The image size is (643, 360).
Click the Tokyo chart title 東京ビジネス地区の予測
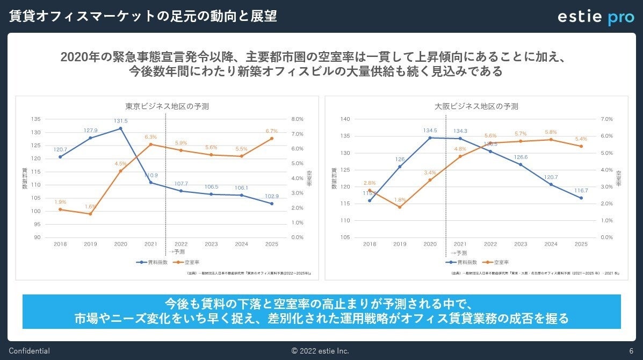coord(167,106)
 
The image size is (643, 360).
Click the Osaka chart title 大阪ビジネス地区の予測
coord(476,106)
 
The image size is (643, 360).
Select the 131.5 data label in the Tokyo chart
coord(120,121)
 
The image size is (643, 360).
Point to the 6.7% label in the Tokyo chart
coord(271,131)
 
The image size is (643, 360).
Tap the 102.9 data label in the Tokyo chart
coord(271,196)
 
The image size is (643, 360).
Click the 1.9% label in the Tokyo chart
coord(60,202)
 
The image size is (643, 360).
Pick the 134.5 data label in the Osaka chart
coord(430,130)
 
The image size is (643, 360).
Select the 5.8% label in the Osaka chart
coord(551,132)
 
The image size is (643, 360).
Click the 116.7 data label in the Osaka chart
coord(581,190)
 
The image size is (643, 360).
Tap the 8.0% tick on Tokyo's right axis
coord(297,119)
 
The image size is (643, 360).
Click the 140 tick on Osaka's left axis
coord(345,119)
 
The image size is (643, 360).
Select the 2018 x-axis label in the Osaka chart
coord(370,244)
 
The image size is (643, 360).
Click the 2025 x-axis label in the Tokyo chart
coord(271,244)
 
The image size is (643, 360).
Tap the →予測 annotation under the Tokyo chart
coord(177,252)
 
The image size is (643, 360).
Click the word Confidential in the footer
coord(29,351)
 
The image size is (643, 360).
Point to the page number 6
coord(631,351)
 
